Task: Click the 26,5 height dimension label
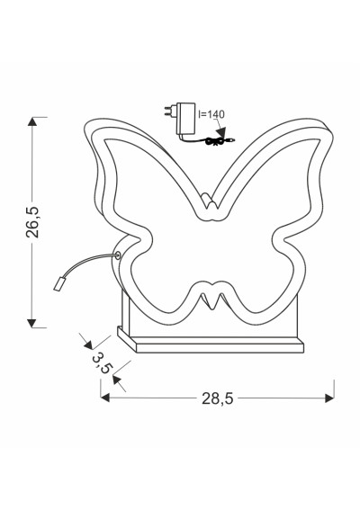32,222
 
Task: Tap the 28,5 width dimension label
218,398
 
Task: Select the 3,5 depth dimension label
103,362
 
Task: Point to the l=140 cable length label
211,114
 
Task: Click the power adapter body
186,119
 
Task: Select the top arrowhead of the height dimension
31,121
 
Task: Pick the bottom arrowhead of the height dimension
31,323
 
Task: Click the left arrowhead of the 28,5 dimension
105,398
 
